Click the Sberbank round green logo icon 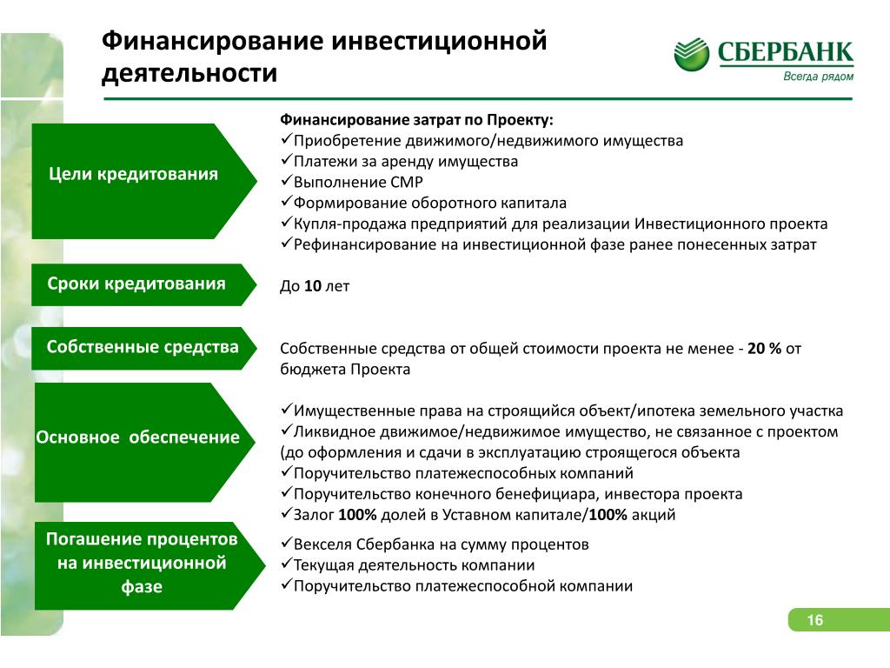click(x=691, y=55)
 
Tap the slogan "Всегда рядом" click(x=818, y=77)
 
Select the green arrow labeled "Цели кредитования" click(x=144, y=181)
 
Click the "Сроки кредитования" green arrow click(x=144, y=284)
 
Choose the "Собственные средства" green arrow click(x=144, y=348)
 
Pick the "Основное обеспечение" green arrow click(x=145, y=442)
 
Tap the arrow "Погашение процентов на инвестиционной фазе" click(x=149, y=565)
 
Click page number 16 click(x=815, y=619)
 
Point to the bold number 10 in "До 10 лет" click(x=313, y=285)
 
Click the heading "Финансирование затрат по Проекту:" click(x=416, y=120)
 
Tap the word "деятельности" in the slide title click(x=189, y=73)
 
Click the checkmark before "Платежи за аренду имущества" click(x=286, y=160)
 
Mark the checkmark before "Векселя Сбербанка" click(x=286, y=543)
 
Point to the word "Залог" click(x=314, y=515)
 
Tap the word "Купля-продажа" click(x=349, y=224)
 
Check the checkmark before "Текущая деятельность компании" click(x=286, y=564)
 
